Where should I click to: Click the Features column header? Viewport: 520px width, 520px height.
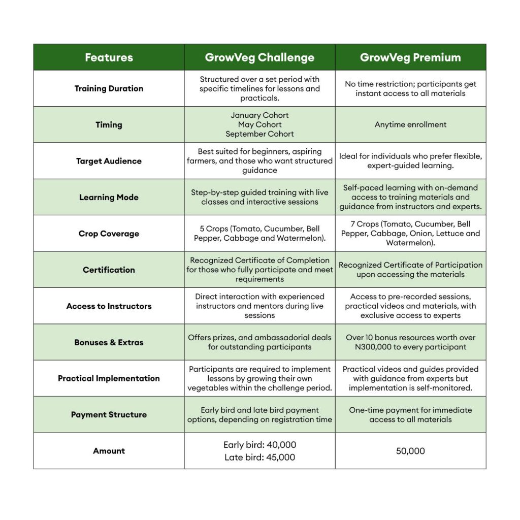(x=109, y=57)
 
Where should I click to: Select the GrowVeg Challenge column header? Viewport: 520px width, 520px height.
(x=259, y=57)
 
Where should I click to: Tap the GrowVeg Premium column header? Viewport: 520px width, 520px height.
(x=410, y=57)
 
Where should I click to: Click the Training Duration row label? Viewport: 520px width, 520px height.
(x=109, y=88)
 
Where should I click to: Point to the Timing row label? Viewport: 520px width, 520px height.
(x=109, y=124)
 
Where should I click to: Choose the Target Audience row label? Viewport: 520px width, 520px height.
(x=109, y=161)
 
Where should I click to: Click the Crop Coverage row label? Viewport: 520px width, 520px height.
(x=109, y=234)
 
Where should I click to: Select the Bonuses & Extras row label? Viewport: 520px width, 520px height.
(x=109, y=342)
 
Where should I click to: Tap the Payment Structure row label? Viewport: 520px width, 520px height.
(x=109, y=414)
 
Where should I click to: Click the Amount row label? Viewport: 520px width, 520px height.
(x=109, y=451)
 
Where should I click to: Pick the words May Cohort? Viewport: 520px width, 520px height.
(x=259, y=124)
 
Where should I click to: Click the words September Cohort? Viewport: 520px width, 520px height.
(x=259, y=134)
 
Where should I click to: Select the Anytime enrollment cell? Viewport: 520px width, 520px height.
(x=410, y=124)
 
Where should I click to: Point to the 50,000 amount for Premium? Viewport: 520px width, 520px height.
(x=410, y=451)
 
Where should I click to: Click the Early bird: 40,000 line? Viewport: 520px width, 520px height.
(x=259, y=445)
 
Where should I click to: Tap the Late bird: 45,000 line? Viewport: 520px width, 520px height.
(x=259, y=457)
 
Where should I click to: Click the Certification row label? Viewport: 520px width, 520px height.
(x=109, y=270)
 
